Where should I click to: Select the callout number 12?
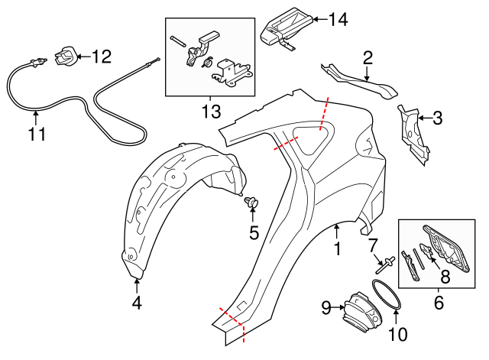[x=101, y=56]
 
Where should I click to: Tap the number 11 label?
[x=37, y=135]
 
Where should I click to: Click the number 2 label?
[x=368, y=57]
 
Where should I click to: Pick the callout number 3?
[x=437, y=118]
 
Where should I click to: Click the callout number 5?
[x=254, y=229]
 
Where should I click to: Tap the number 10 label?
[x=398, y=333]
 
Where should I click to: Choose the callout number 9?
[x=325, y=308]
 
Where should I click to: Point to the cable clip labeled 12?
[x=65, y=55]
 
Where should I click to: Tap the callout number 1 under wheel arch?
[x=336, y=248]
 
